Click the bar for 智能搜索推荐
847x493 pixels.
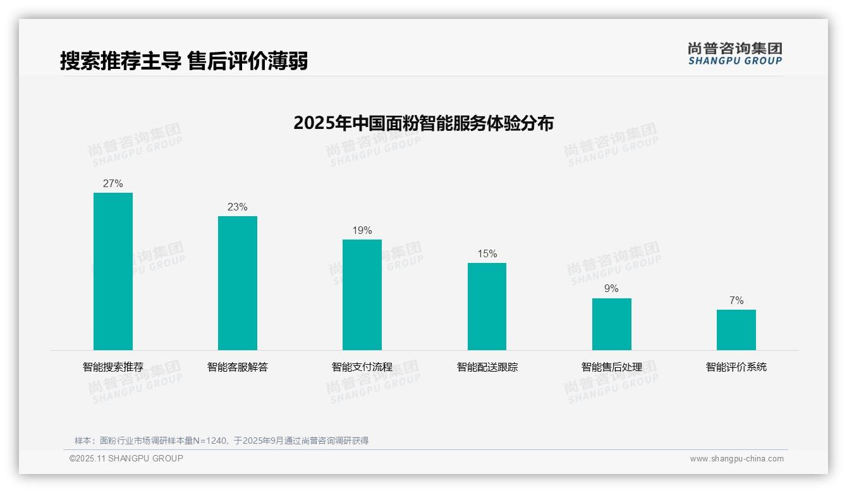coord(113,271)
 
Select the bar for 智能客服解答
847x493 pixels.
coord(238,283)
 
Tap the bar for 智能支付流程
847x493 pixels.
coord(362,295)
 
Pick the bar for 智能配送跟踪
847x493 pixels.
coord(487,307)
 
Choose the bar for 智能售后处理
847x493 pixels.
coord(611,324)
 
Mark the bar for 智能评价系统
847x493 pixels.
coord(736,330)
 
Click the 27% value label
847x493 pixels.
coord(113,184)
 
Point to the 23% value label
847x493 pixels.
coord(238,207)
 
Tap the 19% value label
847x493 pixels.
coord(362,231)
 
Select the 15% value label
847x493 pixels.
coord(487,254)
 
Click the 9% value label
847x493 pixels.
coord(611,289)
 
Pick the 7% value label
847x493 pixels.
coord(736,301)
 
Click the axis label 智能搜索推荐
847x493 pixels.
coord(113,367)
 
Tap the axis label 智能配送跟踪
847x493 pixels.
coord(487,367)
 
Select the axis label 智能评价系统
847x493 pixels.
coord(736,367)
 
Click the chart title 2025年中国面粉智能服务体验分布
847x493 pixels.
coord(423,123)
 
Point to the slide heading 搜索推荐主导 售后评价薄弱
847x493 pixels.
coord(184,61)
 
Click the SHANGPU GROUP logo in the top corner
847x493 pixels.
coord(734,54)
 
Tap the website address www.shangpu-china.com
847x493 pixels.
coord(736,459)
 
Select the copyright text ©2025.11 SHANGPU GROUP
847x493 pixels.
coord(126,458)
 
